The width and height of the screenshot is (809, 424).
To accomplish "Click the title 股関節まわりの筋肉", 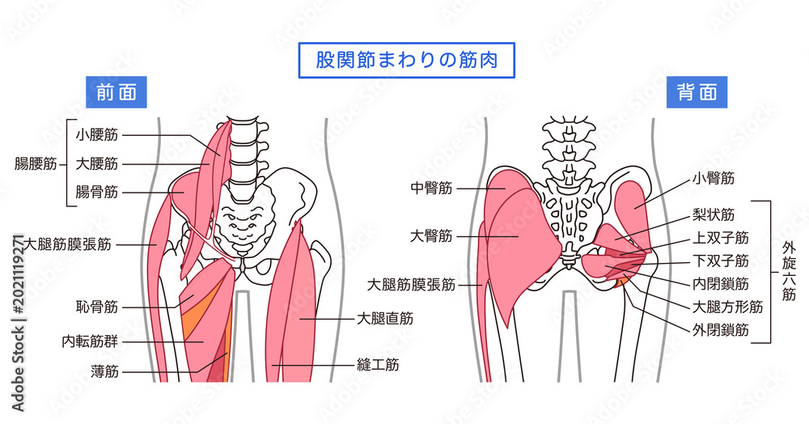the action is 407,61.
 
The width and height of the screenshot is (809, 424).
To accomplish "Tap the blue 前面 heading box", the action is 116,92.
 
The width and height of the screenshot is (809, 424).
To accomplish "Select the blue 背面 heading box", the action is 697,92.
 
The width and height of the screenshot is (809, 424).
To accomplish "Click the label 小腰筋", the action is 97,135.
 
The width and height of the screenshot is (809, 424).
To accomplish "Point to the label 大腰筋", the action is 97,164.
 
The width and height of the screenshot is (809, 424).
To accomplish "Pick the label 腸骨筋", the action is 97,193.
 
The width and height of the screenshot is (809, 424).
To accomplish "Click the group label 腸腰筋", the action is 36,164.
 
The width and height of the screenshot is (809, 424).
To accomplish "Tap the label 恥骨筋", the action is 97,307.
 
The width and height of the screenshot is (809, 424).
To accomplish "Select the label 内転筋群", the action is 90,341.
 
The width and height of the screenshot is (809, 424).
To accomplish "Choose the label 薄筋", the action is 104,371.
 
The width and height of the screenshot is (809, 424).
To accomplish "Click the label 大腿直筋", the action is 385,319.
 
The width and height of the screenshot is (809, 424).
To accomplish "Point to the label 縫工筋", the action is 378,365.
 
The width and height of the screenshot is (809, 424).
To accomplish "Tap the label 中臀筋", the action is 431,189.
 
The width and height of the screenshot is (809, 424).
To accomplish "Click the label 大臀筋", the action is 431,236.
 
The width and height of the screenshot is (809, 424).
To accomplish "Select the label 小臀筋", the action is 714,179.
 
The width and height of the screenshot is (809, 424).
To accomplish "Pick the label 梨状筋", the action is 714,214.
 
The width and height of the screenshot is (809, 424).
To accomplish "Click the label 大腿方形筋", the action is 727,307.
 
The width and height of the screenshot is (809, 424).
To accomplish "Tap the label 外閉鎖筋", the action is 721,330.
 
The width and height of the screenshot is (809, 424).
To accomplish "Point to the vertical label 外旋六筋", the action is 790,271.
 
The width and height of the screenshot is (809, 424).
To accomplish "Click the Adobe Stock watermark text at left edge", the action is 18,324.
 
